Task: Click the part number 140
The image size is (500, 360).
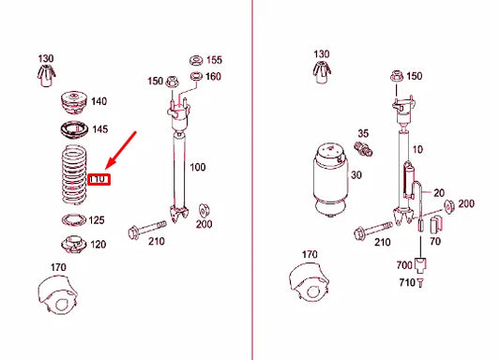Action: click(98, 101)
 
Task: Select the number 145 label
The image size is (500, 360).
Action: click(99, 128)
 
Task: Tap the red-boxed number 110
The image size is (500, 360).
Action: click(99, 178)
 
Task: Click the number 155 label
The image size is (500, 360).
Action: click(214, 59)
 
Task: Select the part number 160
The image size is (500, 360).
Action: click(214, 76)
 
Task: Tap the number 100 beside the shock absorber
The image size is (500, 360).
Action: click(197, 167)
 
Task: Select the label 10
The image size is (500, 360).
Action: click(417, 149)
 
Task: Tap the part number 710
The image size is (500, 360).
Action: click(406, 282)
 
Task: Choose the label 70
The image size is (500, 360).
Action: click(433, 242)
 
